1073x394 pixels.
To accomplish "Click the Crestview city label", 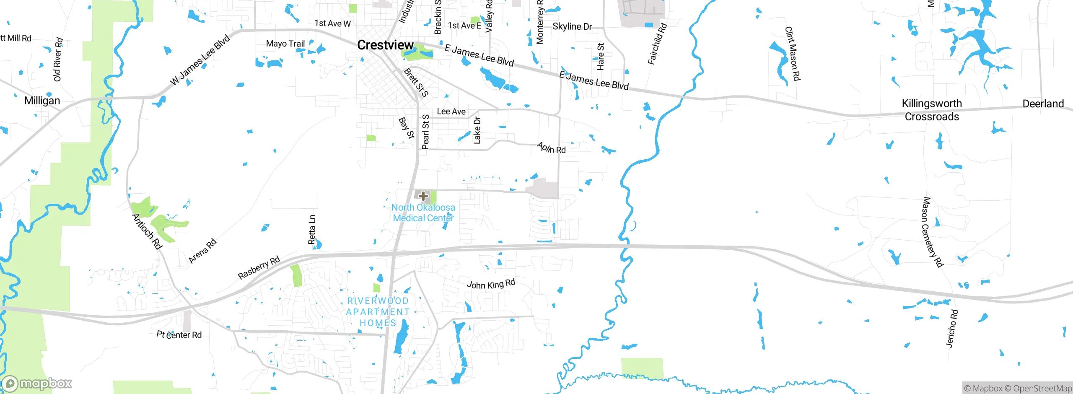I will tap(385, 45).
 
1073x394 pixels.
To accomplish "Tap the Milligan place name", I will tap(42, 101).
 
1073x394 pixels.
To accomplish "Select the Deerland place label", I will tap(1043, 104).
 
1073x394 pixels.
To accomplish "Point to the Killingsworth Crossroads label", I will tap(932, 110).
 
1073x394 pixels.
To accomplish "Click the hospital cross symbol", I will tap(423, 196).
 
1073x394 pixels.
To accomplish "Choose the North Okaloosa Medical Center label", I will tap(423, 213).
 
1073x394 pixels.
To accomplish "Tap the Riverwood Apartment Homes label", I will tap(378, 312).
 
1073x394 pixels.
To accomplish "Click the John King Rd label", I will tap(491, 284).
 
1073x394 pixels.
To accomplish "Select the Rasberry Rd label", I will tap(259, 268).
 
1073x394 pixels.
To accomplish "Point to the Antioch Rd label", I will tap(147, 231).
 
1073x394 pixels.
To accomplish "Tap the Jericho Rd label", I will tap(952, 329).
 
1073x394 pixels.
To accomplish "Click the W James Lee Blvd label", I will tap(200, 60).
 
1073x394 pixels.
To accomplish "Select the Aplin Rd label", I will tap(551, 148).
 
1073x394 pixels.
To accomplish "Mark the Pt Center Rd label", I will tap(179, 334).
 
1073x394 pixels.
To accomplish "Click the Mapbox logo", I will tap(37, 383).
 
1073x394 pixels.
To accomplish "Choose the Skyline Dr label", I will tap(572, 26).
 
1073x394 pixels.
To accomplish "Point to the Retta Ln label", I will tap(312, 230).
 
